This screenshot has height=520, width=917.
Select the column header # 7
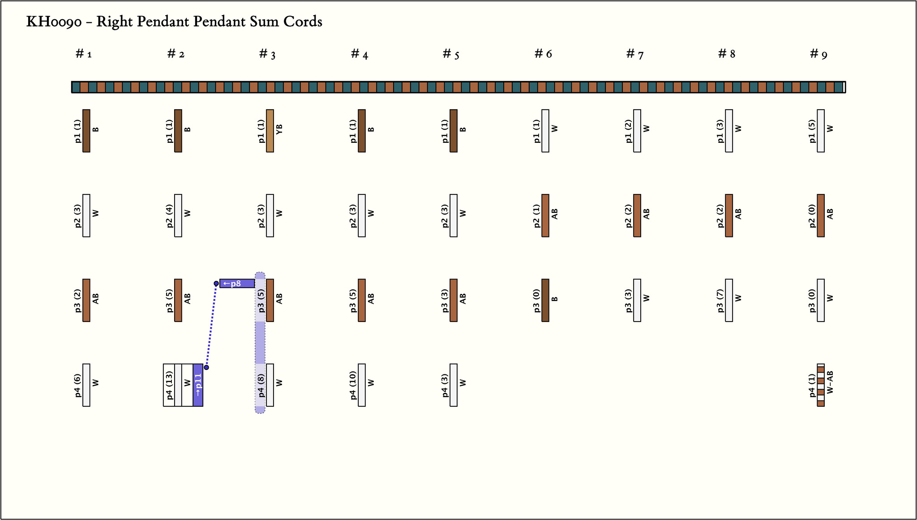pyautogui.click(x=635, y=54)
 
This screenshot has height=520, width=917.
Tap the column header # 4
pyautogui.click(x=360, y=54)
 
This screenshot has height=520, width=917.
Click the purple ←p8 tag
pyautogui.click(x=237, y=284)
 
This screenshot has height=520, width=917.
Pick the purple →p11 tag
pyautogui.click(x=198, y=385)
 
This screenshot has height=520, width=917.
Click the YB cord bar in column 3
pyautogui.click(x=270, y=131)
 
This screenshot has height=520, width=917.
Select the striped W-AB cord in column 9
pyautogui.click(x=821, y=385)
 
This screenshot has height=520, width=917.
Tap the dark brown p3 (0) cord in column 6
pyautogui.click(x=545, y=300)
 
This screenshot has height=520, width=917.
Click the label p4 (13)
pyautogui.click(x=169, y=385)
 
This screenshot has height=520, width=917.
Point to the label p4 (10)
pyautogui.click(x=353, y=385)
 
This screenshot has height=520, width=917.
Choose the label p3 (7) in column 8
pyautogui.click(x=720, y=300)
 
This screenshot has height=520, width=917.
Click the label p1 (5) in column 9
pyautogui.click(x=812, y=131)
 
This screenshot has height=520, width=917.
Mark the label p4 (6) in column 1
pyautogui.click(x=77, y=385)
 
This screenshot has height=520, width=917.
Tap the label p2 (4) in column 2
pyautogui.click(x=169, y=215)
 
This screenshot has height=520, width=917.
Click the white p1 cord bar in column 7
pyautogui.click(x=637, y=131)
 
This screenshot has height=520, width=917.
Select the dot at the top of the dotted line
pyautogui.click(x=216, y=284)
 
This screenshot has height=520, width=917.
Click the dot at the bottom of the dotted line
pyautogui.click(x=206, y=367)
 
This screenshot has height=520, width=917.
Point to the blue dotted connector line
pyautogui.click(x=211, y=326)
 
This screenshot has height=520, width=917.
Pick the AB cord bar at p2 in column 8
pyautogui.click(x=729, y=215)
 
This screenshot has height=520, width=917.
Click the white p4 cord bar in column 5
pyautogui.click(x=454, y=385)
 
